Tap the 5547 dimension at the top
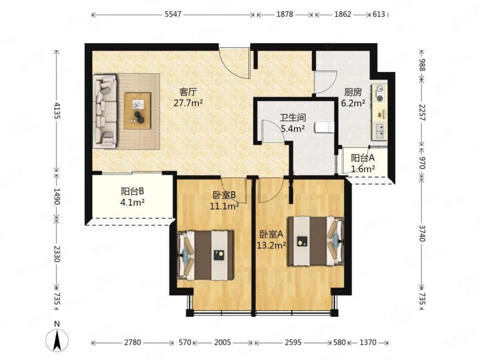coord(173,14)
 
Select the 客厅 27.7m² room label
coord(188,97)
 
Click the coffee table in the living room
coord(137,111)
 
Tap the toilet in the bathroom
coord(324,127)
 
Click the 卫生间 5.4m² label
coord(293,123)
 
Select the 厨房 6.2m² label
coord(353,97)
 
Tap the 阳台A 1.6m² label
coord(363,163)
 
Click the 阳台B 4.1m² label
coord(133,197)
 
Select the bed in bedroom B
coord(205,255)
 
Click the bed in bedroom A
coord(316,241)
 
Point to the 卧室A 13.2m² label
coord(271,240)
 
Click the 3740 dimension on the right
coord(422,233)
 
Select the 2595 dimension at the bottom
coord(294,342)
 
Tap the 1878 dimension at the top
coord(285,14)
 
